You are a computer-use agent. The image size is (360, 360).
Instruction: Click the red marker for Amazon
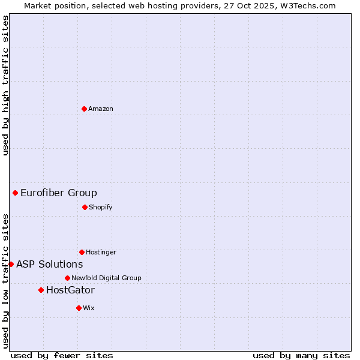[x=84, y=109]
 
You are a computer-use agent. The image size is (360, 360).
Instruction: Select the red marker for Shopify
[x=85, y=207]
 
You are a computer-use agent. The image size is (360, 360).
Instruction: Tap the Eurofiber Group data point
[x=15, y=193]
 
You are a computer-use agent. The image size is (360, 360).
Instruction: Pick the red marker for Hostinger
[x=82, y=252]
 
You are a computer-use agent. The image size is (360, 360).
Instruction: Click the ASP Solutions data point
[x=11, y=264]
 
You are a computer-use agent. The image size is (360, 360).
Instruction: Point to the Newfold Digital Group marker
[x=67, y=278]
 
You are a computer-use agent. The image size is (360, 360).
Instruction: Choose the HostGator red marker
[x=41, y=290]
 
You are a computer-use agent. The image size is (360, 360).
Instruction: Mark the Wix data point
[x=79, y=308]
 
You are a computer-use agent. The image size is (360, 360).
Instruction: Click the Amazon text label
[x=101, y=109]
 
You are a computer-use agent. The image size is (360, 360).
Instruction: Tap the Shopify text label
[x=100, y=207]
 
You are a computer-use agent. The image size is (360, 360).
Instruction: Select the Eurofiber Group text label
[x=59, y=193]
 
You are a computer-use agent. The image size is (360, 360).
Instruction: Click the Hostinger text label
[x=101, y=252]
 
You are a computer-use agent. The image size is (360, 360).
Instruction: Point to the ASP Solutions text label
[x=50, y=264]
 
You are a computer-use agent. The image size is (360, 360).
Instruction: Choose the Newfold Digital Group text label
[x=106, y=278]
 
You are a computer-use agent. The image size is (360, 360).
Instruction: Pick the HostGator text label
[x=70, y=290]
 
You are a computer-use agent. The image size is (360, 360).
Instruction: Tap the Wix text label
[x=89, y=308]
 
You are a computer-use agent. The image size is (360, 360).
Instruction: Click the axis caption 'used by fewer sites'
[x=62, y=355]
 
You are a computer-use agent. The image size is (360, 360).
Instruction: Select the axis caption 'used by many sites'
[x=301, y=355]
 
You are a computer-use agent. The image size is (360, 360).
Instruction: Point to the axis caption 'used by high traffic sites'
[x=5, y=85]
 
